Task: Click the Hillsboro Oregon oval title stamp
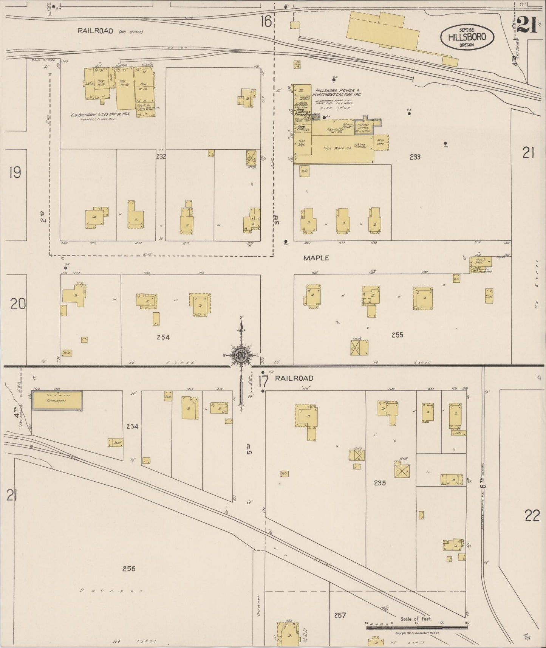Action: pyautogui.click(x=467, y=37)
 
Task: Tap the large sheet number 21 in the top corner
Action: pyautogui.click(x=527, y=25)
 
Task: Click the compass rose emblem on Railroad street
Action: pyautogui.click(x=241, y=355)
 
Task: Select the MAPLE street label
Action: pyautogui.click(x=316, y=258)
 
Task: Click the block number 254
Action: pyautogui.click(x=163, y=337)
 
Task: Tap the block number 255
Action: pyautogui.click(x=398, y=335)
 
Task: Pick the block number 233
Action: pyautogui.click(x=415, y=157)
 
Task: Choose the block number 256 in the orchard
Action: pyautogui.click(x=129, y=568)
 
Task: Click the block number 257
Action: pyautogui.click(x=340, y=615)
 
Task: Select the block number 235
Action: pyautogui.click(x=379, y=482)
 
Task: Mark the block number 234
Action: pyautogui.click(x=132, y=426)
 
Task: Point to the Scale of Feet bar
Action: pyautogui.click(x=416, y=628)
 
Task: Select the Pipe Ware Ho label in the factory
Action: pyautogui.click(x=337, y=148)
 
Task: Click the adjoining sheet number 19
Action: pyautogui.click(x=15, y=173)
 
